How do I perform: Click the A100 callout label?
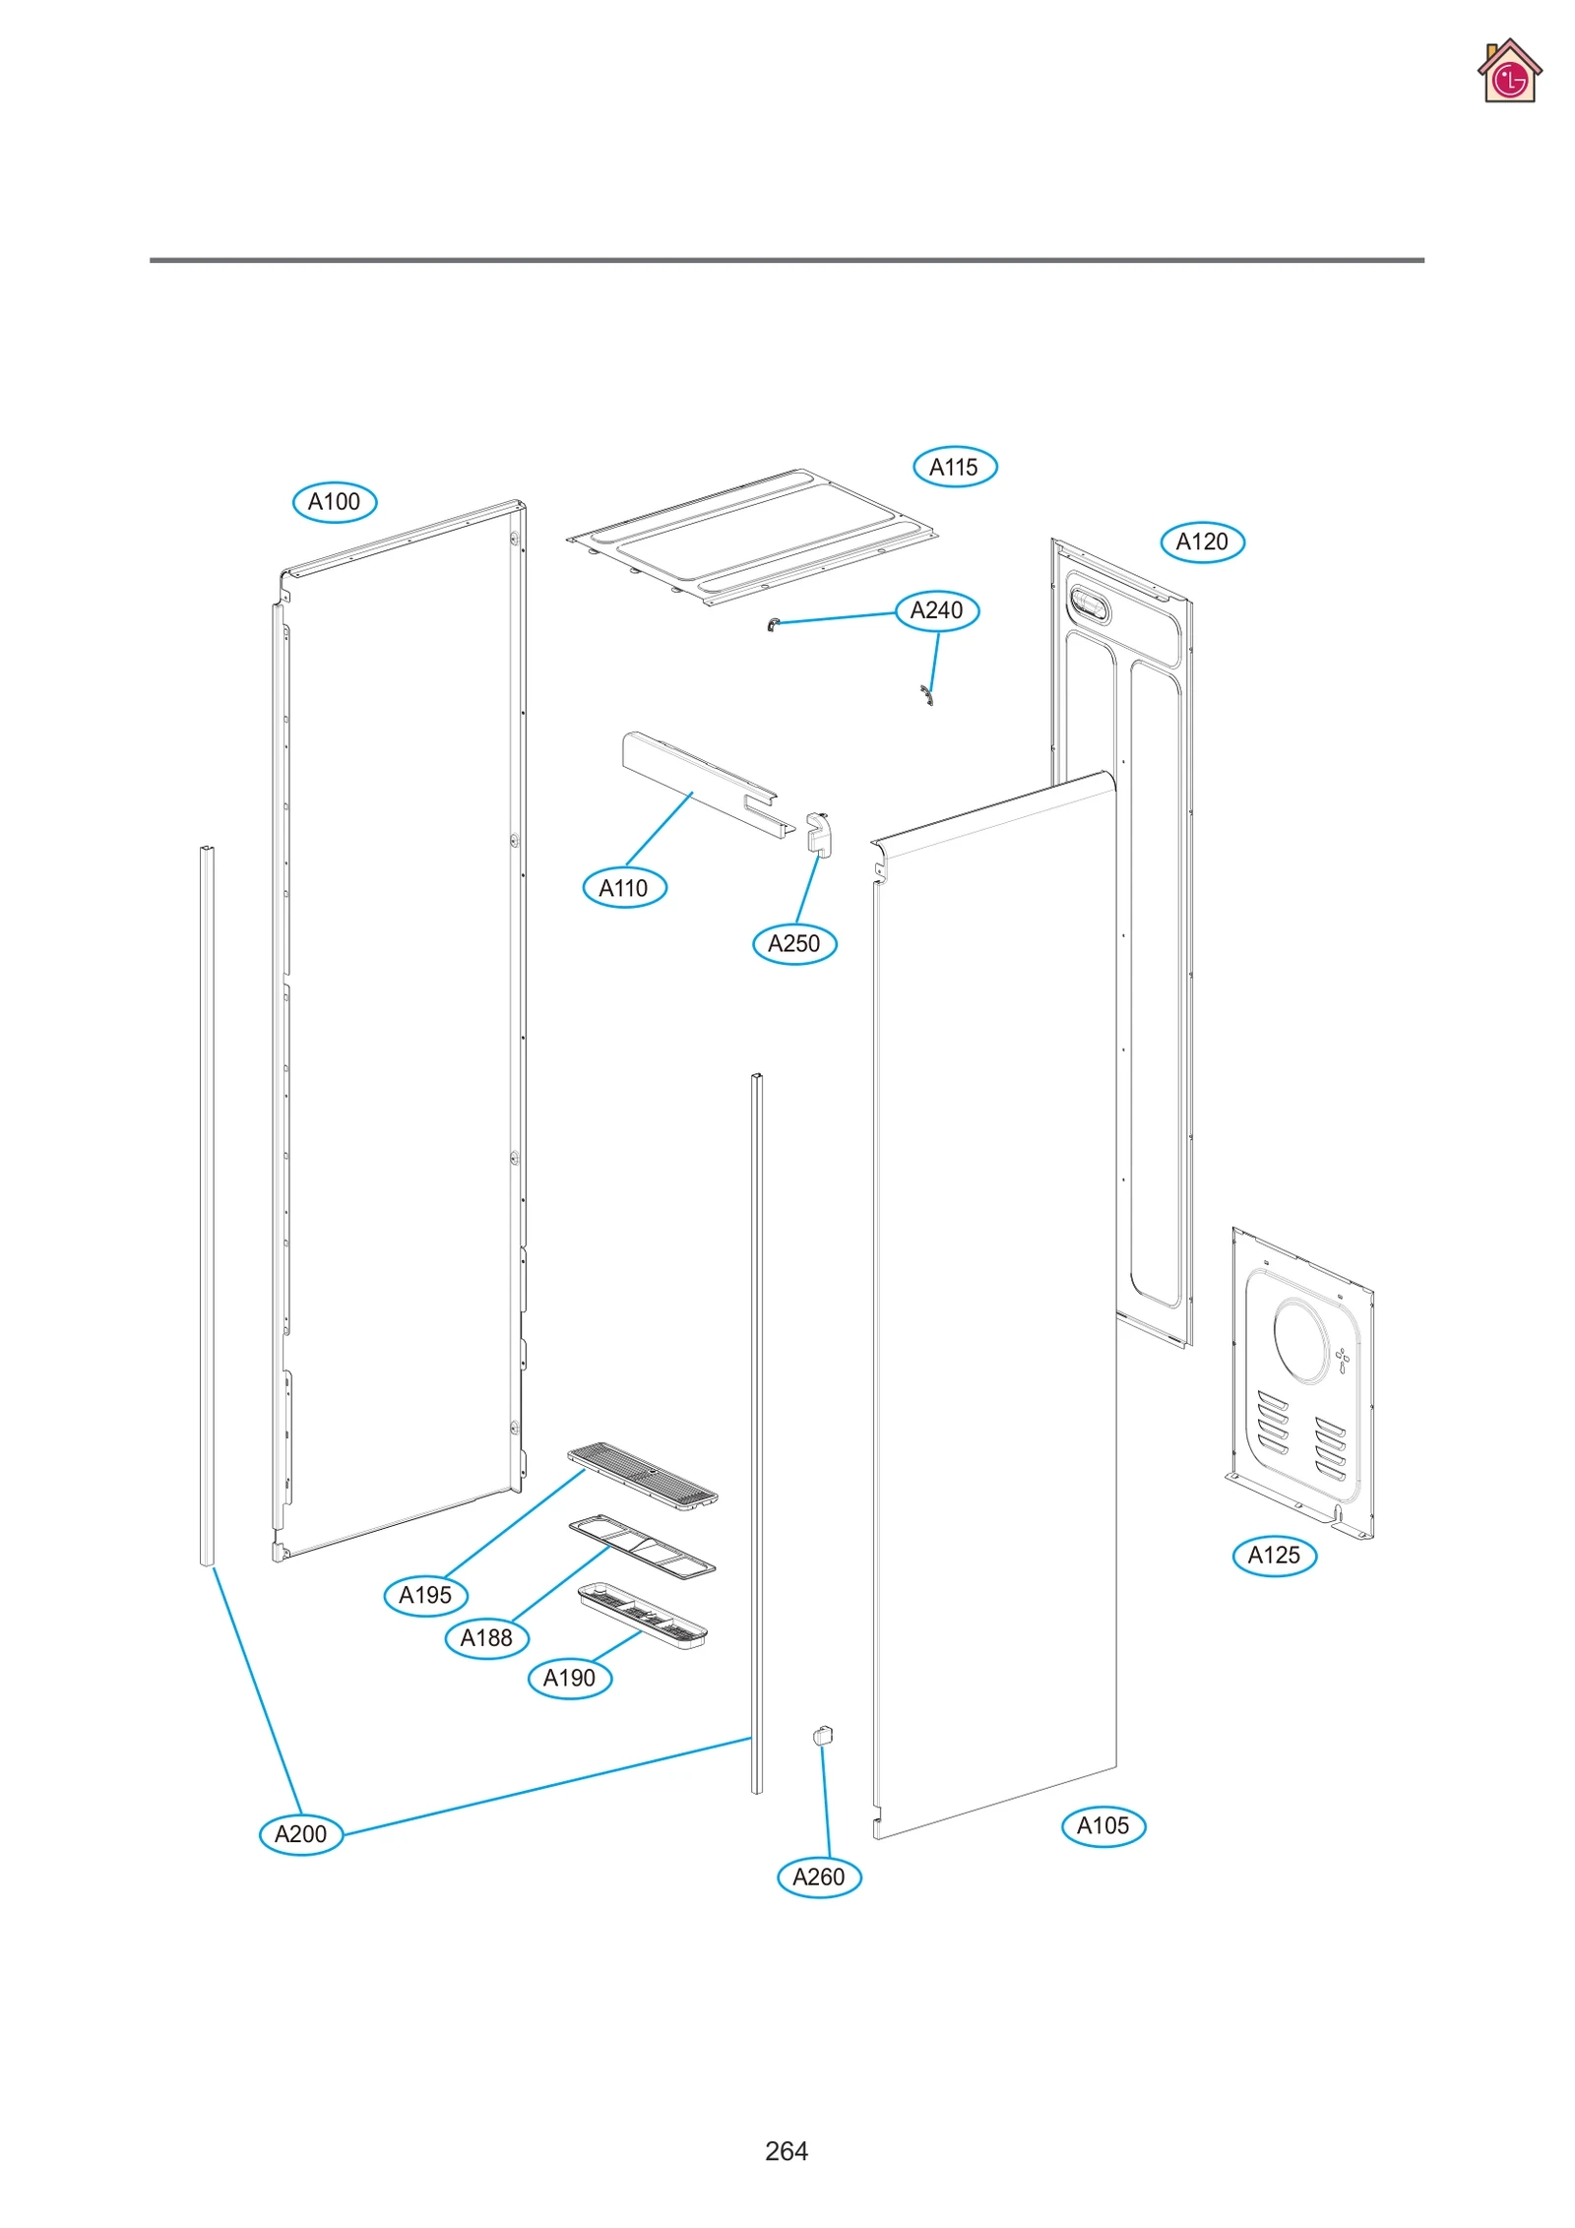click(335, 502)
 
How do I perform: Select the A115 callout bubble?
click(955, 467)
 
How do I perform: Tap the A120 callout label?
click(1202, 541)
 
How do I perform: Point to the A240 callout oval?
click(936, 610)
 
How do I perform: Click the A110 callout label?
click(624, 888)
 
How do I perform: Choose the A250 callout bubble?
click(794, 943)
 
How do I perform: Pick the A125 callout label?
click(1274, 1556)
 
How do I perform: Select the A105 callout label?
click(1103, 1825)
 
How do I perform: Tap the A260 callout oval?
click(819, 1877)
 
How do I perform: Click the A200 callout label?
click(300, 1834)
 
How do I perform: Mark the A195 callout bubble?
click(425, 1595)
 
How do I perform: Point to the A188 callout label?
click(487, 1637)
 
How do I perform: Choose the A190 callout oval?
click(570, 1678)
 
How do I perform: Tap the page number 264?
click(787, 2150)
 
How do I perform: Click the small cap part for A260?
click(823, 1735)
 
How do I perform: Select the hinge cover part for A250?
click(818, 834)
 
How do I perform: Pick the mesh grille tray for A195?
click(642, 1473)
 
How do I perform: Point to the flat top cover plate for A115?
click(753, 537)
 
